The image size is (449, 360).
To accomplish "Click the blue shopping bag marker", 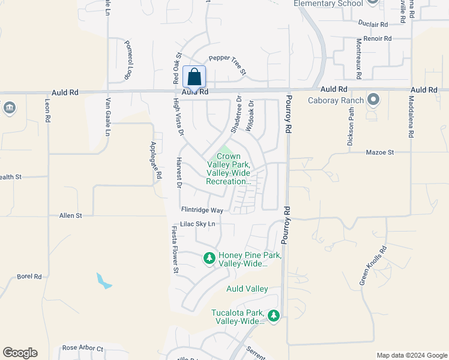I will (x=194, y=77).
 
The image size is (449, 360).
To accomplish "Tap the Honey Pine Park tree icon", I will (x=209, y=258).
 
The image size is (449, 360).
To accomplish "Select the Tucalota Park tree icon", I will (x=274, y=315).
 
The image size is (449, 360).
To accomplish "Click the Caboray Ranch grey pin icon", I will (x=374, y=99).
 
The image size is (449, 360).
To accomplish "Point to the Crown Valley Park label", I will (x=228, y=169).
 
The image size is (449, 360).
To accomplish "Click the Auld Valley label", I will (x=247, y=289).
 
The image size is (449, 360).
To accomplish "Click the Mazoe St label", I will (x=380, y=152).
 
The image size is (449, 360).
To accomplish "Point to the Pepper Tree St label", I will (x=228, y=65).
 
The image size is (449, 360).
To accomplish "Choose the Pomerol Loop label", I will (x=128, y=60).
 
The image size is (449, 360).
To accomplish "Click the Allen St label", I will (x=70, y=215).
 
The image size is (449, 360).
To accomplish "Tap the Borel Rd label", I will (x=29, y=277).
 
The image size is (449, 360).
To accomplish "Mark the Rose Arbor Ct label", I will (x=83, y=349).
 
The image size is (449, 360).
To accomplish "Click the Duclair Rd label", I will (x=373, y=24).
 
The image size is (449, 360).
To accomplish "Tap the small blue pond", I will (x=103, y=281).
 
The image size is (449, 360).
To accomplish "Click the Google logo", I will (x=20, y=353).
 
